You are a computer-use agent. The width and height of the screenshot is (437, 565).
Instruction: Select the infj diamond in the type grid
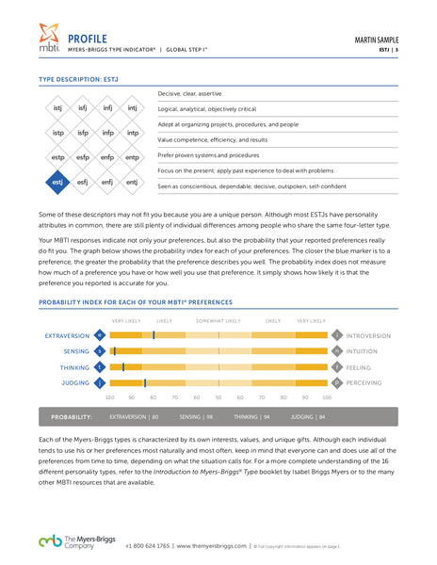click(107, 108)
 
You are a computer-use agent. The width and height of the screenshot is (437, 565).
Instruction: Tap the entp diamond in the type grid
click(133, 157)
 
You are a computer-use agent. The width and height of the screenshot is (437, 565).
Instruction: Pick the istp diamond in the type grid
click(57, 133)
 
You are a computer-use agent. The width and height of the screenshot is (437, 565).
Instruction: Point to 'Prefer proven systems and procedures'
click(208, 154)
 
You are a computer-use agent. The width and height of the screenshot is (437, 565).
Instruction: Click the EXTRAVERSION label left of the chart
click(67, 335)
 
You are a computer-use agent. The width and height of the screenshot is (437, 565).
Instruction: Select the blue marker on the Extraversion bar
click(154, 335)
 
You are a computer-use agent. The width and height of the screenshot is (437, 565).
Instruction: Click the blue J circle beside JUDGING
click(100, 383)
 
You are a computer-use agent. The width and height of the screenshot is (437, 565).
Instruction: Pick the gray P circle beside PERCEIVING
click(337, 383)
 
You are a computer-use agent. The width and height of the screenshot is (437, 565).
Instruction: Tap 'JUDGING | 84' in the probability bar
click(309, 415)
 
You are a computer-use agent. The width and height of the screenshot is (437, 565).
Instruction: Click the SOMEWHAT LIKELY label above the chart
click(218, 321)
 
